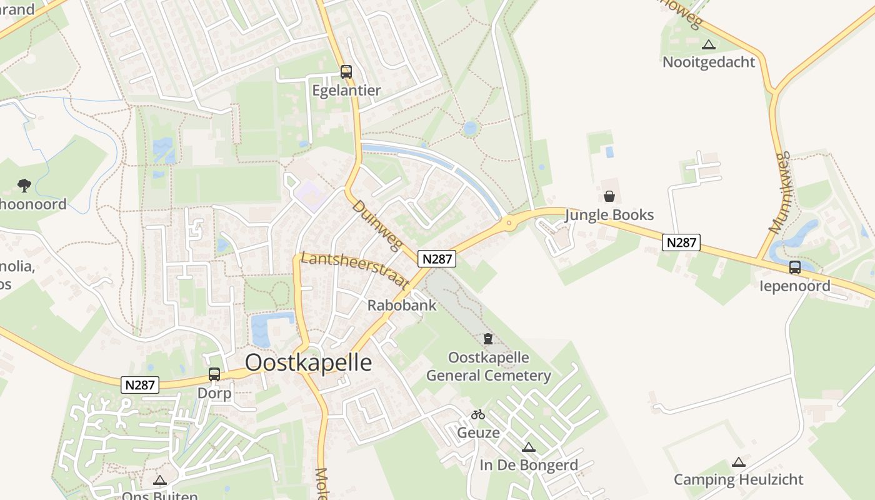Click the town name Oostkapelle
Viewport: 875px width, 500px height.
point(308,362)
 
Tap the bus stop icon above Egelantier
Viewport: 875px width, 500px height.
point(346,71)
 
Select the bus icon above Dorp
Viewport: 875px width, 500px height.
point(214,374)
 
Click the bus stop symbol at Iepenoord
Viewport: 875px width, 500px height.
point(795,267)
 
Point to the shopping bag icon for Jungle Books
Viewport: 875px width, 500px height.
point(609,196)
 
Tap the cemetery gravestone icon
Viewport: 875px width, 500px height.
point(488,339)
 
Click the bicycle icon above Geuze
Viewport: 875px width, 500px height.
point(478,414)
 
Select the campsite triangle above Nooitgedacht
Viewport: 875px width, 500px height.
point(708,45)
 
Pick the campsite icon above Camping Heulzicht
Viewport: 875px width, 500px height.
point(739,462)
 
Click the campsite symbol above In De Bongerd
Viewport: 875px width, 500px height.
point(529,447)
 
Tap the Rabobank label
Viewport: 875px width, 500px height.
point(402,306)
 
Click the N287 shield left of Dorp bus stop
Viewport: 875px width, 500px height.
point(140,385)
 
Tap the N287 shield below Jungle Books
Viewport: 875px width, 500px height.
point(681,242)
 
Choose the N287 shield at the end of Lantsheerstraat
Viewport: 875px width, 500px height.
point(437,259)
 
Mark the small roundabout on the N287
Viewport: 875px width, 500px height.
point(509,222)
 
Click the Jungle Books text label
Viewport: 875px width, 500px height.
point(609,215)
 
